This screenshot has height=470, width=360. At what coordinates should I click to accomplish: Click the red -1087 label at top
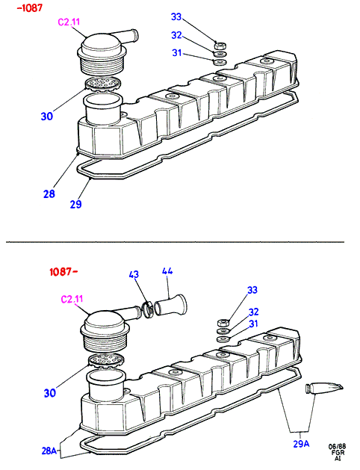point(30,7)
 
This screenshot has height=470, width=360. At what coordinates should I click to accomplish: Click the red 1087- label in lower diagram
point(64,272)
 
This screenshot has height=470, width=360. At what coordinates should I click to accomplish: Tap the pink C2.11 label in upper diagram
point(69,22)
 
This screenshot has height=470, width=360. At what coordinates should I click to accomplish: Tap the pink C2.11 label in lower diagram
point(72,299)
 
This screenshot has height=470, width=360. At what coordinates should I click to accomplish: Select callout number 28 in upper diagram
point(49,194)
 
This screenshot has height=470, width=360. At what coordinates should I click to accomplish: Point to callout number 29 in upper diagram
point(75,204)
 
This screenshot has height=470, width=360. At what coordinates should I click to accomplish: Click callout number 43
point(134,274)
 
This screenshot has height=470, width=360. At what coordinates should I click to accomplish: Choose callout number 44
point(167,271)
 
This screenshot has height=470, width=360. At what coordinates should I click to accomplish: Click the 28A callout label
point(49,451)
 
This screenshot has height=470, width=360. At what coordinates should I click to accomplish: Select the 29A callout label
point(301,444)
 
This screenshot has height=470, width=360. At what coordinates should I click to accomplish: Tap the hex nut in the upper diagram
point(220,46)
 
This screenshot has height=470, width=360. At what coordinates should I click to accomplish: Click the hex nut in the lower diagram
point(223,323)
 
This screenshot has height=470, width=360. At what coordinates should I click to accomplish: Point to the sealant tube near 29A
point(323,389)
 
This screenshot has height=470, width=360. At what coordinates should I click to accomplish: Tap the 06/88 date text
point(338,447)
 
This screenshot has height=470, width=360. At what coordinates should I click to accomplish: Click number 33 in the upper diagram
point(176,16)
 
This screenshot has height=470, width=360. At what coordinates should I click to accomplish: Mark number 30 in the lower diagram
point(50,393)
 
